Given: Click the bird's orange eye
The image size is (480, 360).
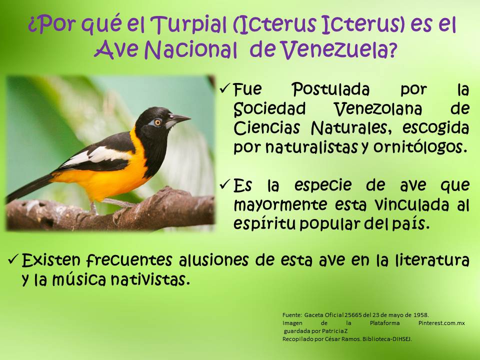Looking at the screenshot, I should (157, 122).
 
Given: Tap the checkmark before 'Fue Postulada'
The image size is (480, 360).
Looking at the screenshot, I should (224, 89).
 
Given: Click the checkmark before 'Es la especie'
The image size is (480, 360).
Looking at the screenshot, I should (224, 185).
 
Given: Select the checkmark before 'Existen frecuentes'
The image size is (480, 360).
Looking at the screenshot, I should (13, 260).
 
